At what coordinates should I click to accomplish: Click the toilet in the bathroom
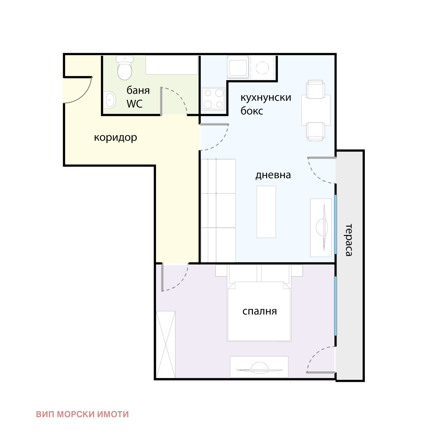(125, 68)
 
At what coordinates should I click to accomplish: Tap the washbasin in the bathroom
(110, 100)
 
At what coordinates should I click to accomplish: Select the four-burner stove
(214, 99)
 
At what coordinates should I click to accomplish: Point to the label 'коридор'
(115, 137)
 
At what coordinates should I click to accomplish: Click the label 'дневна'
(273, 175)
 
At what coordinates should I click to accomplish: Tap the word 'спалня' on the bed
(260, 311)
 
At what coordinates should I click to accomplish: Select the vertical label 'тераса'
(349, 240)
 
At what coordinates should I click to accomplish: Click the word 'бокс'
(252, 111)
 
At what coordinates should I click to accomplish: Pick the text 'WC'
(135, 104)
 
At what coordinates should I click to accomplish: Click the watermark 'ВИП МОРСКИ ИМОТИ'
(82, 414)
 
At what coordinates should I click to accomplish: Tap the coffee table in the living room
(266, 212)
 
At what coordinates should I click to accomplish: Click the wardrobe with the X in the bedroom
(166, 345)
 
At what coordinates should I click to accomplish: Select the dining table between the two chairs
(316, 110)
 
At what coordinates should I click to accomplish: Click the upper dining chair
(316, 89)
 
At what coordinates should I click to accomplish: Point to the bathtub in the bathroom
(171, 65)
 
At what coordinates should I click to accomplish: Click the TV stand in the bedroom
(259, 367)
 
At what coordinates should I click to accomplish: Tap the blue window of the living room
(335, 224)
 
